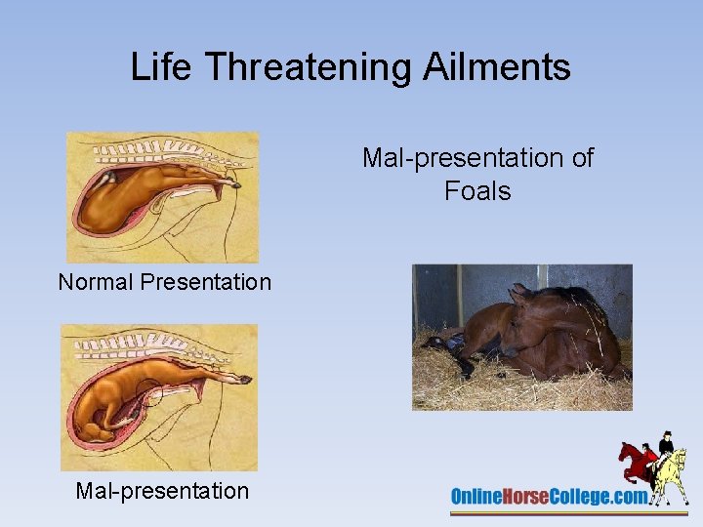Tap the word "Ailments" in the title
505,67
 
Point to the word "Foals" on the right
477,190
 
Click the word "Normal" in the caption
96,282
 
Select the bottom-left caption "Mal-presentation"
162,491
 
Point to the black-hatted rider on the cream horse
667,445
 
